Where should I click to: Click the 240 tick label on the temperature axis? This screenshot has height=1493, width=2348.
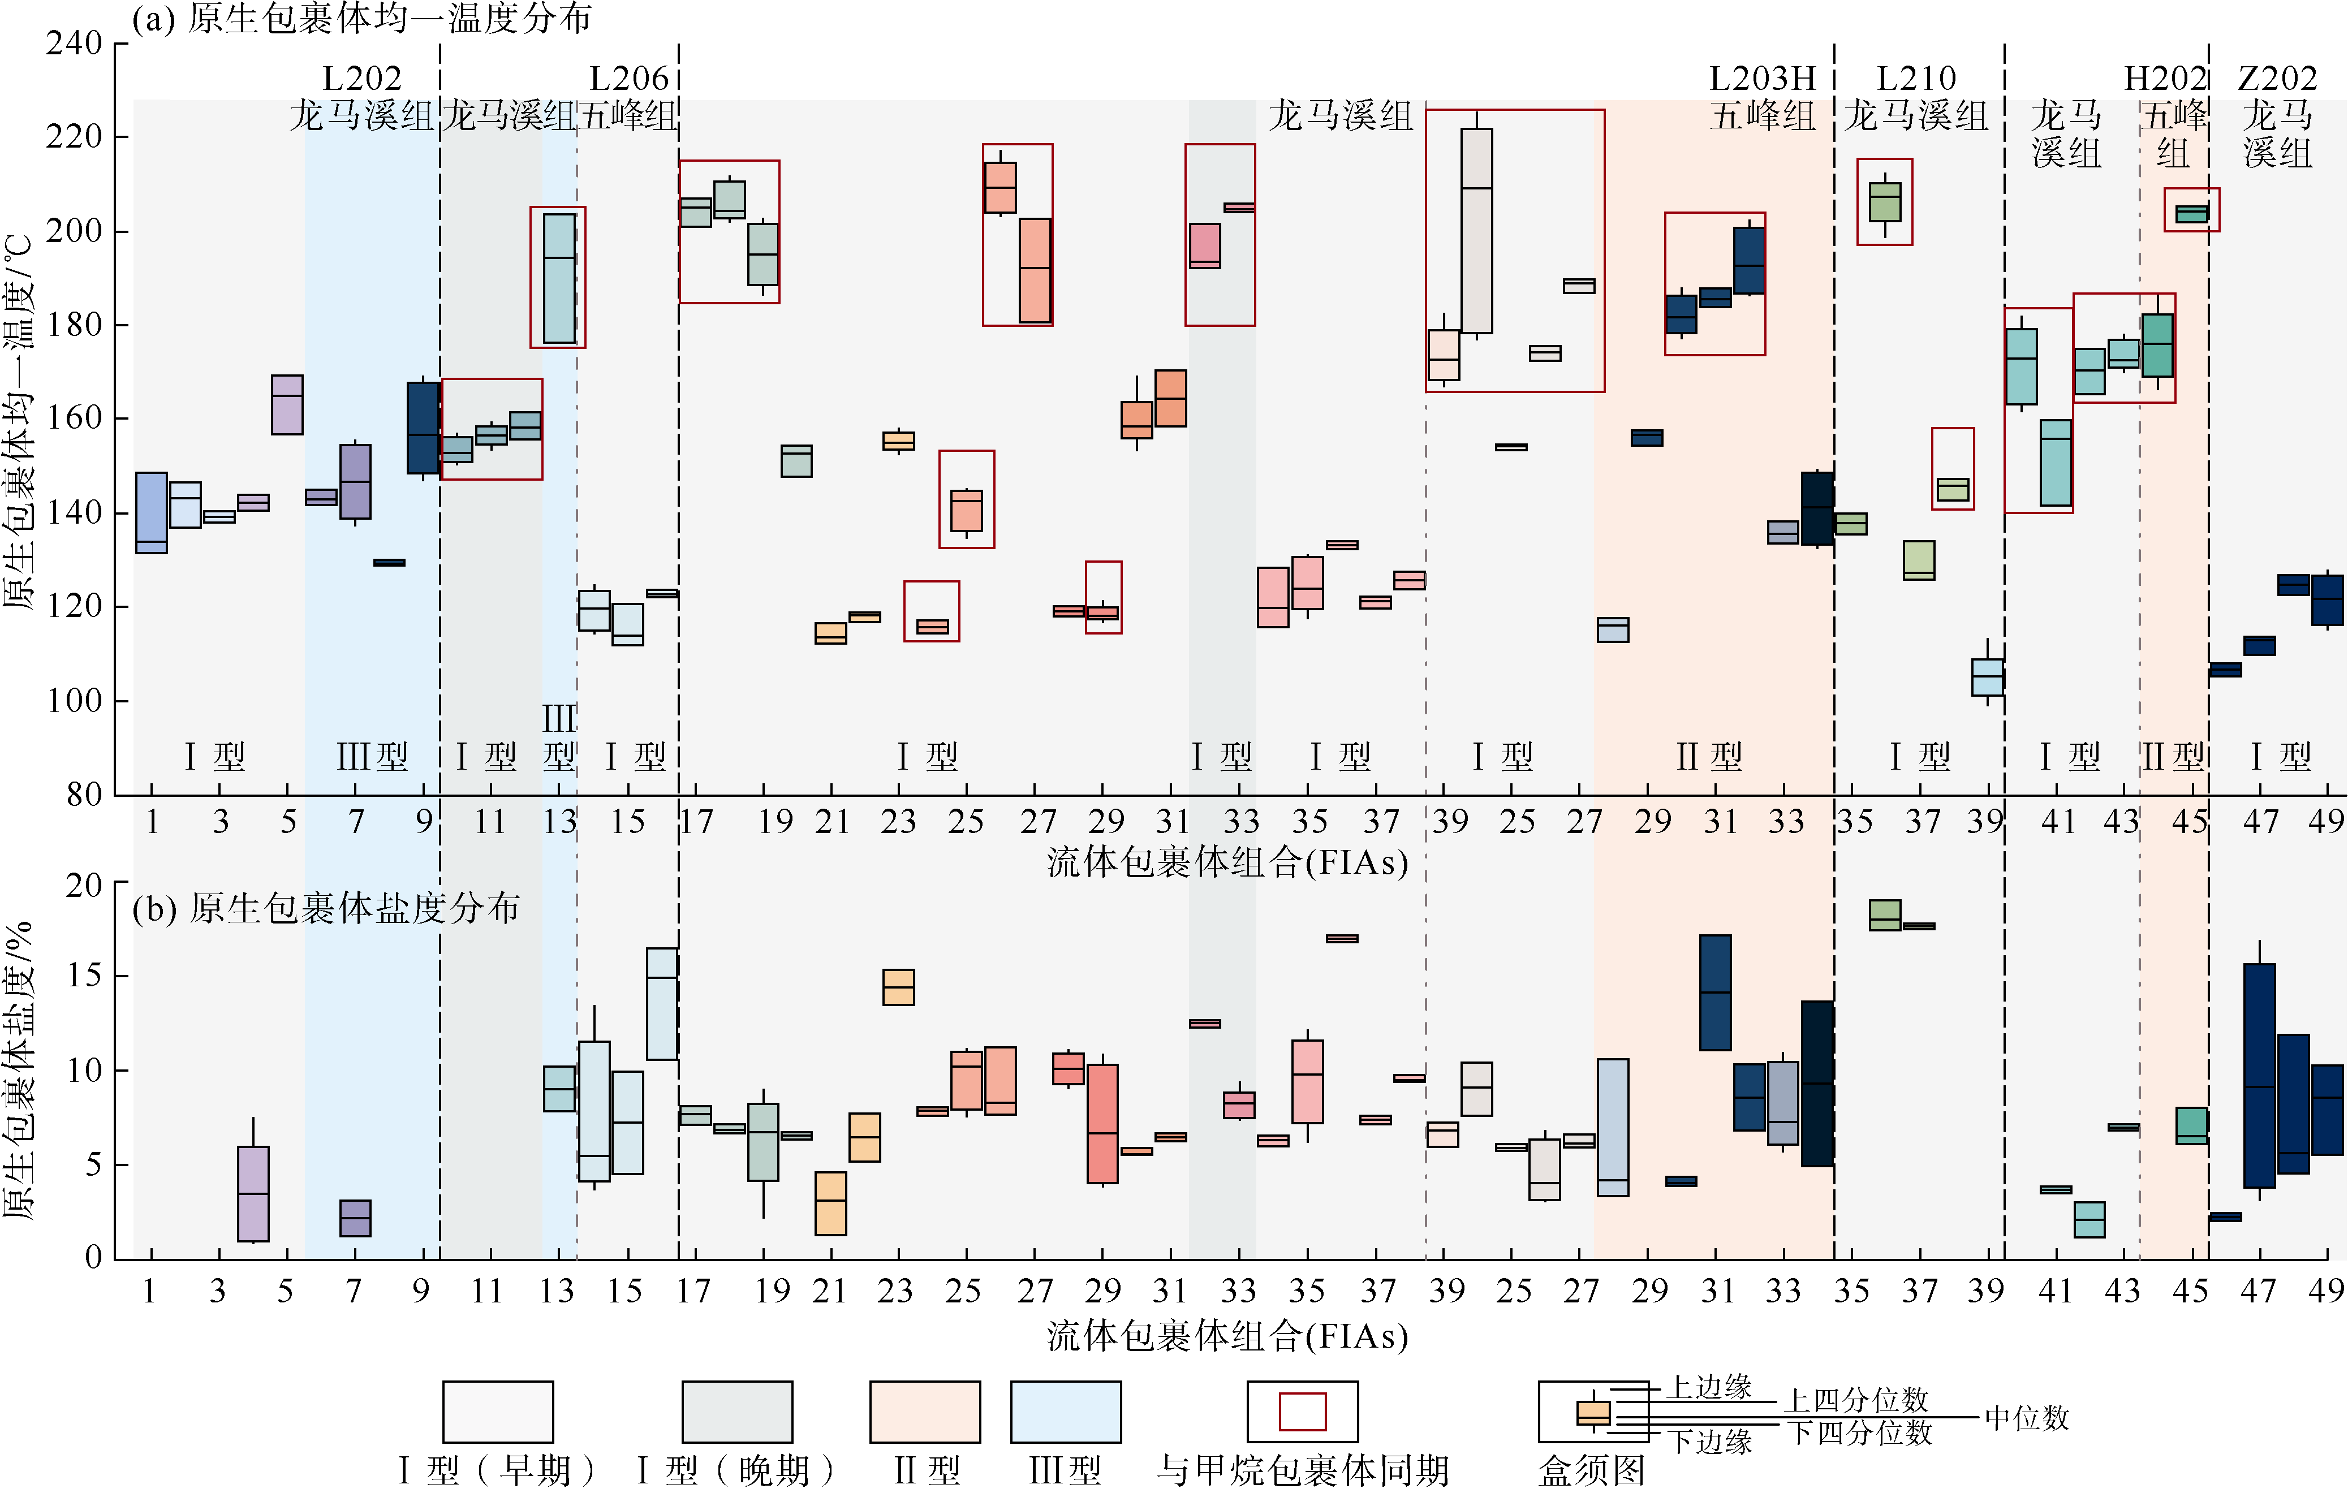[x=74, y=44]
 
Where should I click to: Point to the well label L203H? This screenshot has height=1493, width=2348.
[x=1762, y=78]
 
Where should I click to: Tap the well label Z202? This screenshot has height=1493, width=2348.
[x=2277, y=78]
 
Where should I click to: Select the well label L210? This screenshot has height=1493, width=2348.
[x=1916, y=78]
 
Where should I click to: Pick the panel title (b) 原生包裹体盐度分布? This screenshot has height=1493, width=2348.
[x=326, y=909]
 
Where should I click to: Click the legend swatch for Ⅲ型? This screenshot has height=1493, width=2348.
[x=1066, y=1411]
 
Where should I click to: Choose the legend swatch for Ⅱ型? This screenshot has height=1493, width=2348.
[x=924, y=1411]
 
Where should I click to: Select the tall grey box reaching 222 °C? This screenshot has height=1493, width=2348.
[x=1476, y=231]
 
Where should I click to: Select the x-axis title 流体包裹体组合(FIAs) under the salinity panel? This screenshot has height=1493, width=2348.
[x=1227, y=1336]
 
